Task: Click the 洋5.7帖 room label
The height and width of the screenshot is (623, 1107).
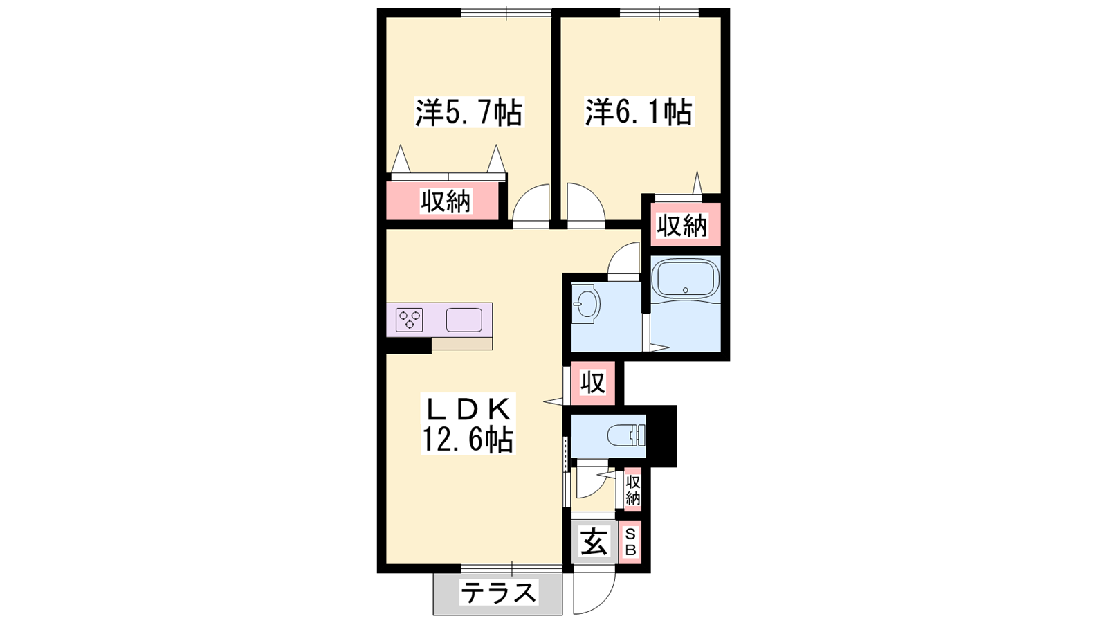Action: [x=468, y=112]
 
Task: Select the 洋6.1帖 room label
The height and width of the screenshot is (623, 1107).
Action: [x=639, y=111]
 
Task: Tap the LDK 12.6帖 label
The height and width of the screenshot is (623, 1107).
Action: [x=468, y=424]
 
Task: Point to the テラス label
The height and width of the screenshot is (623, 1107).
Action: [x=498, y=593]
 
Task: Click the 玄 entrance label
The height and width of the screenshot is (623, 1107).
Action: [x=593, y=541]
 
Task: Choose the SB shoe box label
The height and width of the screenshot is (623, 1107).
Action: [x=630, y=542]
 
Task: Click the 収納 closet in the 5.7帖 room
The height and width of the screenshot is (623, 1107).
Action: [x=446, y=201]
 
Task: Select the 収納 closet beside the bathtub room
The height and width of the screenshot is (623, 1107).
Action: [x=682, y=225]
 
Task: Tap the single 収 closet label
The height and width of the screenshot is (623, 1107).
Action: [x=592, y=382]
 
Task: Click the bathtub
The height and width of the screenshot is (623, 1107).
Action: [x=685, y=280]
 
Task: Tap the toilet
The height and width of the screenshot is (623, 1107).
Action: [x=627, y=436]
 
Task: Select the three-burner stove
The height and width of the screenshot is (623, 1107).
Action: [x=409, y=319]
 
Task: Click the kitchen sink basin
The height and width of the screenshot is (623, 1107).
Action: [x=464, y=320]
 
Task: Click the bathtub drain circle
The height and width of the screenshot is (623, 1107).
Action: [x=685, y=290]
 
